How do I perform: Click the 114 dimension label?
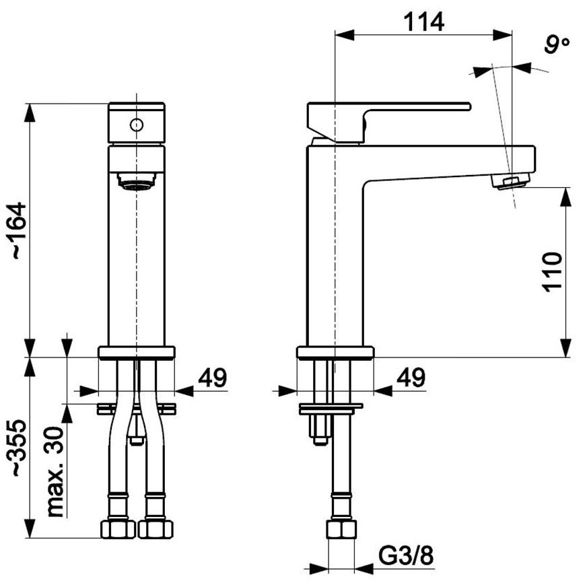point(424,22)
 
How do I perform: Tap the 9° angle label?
point(557,45)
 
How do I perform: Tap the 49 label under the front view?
point(212,378)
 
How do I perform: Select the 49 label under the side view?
point(410,378)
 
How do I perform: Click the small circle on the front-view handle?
point(136,125)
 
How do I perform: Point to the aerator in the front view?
point(136,182)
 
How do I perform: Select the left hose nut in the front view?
point(118,528)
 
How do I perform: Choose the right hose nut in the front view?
point(155,528)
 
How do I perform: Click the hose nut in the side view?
point(341,528)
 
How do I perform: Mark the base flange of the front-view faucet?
point(136,352)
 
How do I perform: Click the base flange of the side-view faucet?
point(335,352)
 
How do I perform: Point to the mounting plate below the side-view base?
point(330,407)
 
